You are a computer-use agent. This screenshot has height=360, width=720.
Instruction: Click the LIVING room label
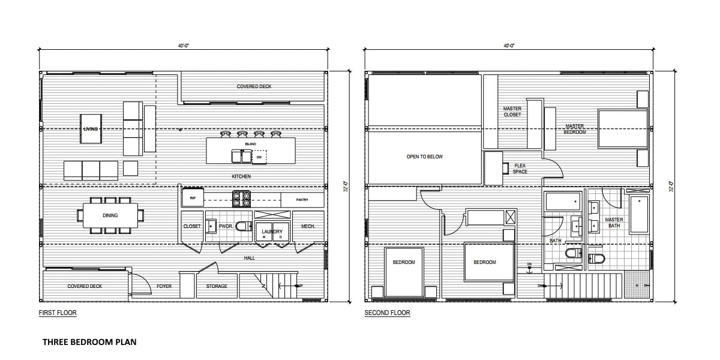(91, 128)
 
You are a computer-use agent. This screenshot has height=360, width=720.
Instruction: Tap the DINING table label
(110, 215)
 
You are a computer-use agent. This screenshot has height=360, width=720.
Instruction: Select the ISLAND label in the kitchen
(251, 145)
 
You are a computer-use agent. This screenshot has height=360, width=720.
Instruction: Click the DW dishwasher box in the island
(259, 157)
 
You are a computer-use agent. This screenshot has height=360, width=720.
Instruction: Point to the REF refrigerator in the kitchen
(193, 197)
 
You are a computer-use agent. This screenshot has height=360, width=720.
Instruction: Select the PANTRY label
(302, 199)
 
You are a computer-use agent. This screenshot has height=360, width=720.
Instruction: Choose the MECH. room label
(308, 226)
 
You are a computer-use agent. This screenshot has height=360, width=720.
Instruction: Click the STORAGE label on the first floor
(217, 286)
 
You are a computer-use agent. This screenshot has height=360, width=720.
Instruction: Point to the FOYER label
(164, 286)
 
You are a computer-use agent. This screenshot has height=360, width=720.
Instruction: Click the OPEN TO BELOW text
(424, 157)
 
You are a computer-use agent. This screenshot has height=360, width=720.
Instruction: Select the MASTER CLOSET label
(512, 112)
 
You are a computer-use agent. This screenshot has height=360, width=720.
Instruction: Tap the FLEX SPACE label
(520, 169)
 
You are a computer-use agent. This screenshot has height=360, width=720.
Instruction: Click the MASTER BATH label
(614, 223)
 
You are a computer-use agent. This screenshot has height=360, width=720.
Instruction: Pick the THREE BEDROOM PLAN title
(89, 342)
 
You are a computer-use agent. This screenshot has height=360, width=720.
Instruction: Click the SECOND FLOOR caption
(387, 313)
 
